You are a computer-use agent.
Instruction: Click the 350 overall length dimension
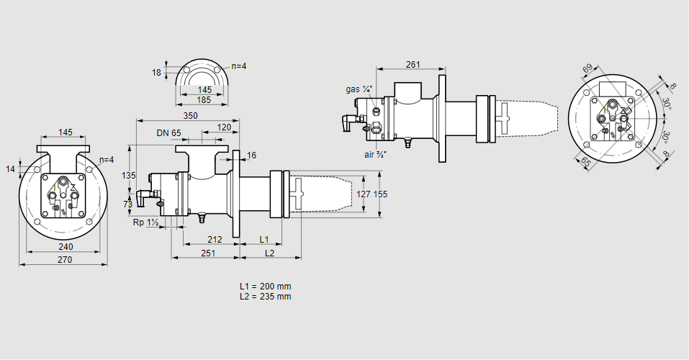coord(190,115)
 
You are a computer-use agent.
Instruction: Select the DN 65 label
coord(168,133)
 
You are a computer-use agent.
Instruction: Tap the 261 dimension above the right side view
coord(413,65)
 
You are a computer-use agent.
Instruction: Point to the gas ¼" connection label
coord(359,89)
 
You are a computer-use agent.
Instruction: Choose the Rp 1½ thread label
coord(145,222)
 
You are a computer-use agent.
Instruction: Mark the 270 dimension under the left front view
coord(64,260)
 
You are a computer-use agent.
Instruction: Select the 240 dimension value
coord(64,246)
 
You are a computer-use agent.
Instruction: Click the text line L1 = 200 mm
coord(266,286)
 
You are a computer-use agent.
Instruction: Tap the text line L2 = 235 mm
coord(266,296)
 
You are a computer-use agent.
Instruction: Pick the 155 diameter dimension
coord(381,194)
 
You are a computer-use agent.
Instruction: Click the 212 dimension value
coord(214,239)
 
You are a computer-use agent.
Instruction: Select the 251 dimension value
coord(208,253)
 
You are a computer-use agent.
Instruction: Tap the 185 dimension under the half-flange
coord(204,100)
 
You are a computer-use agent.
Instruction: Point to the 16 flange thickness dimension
coord(251,156)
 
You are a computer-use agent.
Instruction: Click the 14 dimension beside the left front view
coord(10,169)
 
